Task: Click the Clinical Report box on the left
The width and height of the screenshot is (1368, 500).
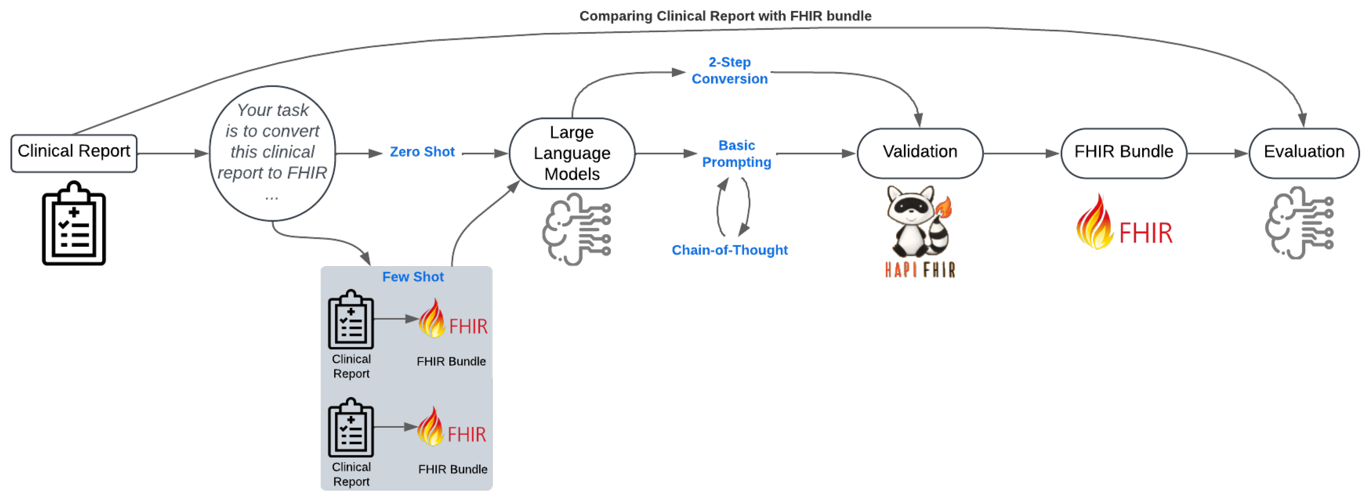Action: pyautogui.click(x=74, y=153)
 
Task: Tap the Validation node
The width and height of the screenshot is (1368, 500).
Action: pyautogui.click(x=920, y=153)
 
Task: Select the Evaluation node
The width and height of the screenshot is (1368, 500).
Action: pyautogui.click(x=1304, y=153)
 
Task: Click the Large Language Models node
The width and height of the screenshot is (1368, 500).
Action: pyautogui.click(x=572, y=153)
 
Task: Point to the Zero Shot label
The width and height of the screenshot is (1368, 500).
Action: pyautogui.click(x=422, y=152)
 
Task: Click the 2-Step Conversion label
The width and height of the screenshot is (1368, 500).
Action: pyautogui.click(x=729, y=71)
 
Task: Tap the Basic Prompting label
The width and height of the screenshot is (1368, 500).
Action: pyautogui.click(x=736, y=154)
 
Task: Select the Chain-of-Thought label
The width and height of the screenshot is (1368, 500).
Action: pyautogui.click(x=729, y=250)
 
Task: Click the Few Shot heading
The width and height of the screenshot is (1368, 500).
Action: pyautogui.click(x=413, y=277)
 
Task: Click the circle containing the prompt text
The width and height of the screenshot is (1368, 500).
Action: pyautogui.click(x=273, y=153)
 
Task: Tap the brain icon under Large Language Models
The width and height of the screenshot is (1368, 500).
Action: pyautogui.click(x=576, y=229)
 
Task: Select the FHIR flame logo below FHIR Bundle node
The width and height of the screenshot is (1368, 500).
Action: pyautogui.click(x=1124, y=223)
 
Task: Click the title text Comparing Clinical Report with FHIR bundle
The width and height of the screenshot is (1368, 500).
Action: pyautogui.click(x=725, y=16)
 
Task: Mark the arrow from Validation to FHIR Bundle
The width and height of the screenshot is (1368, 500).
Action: pyautogui.click(x=1021, y=153)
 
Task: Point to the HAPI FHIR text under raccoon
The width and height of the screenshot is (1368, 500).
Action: pyautogui.click(x=920, y=270)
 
